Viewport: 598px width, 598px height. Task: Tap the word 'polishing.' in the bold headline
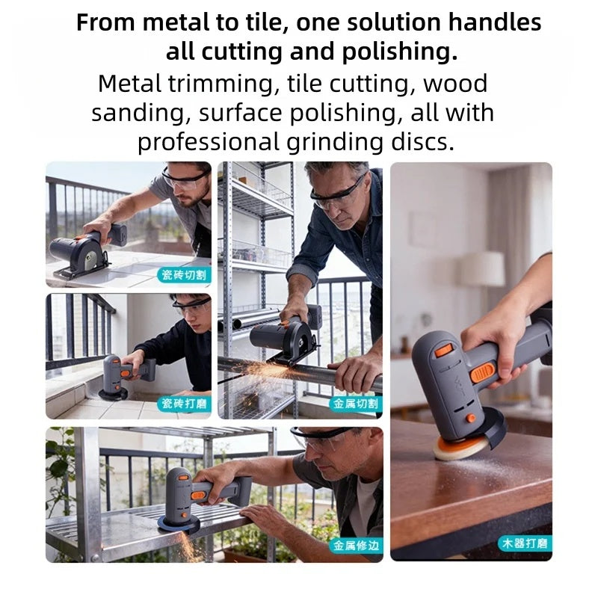pyautogui.click(x=399, y=52)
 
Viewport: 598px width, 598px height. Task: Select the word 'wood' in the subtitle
pyautogui.click(x=455, y=84)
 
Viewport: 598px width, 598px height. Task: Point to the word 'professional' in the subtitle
pyautogui.click(x=209, y=143)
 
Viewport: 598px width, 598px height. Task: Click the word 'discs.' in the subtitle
pyautogui.click(x=422, y=141)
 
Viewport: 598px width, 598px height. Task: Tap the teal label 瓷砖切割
pyautogui.click(x=184, y=275)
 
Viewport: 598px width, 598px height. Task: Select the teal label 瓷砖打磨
pyautogui.click(x=184, y=404)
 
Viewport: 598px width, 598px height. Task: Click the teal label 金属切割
pyautogui.click(x=356, y=404)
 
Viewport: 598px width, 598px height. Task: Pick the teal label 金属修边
pyautogui.click(x=357, y=546)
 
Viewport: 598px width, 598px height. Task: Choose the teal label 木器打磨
pyautogui.click(x=525, y=543)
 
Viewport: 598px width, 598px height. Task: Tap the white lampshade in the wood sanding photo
pyautogui.click(x=482, y=268)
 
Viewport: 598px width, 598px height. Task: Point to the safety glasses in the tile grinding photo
pyautogui.click(x=191, y=306)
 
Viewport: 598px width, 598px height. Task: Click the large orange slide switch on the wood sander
pyautogui.click(x=483, y=372)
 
